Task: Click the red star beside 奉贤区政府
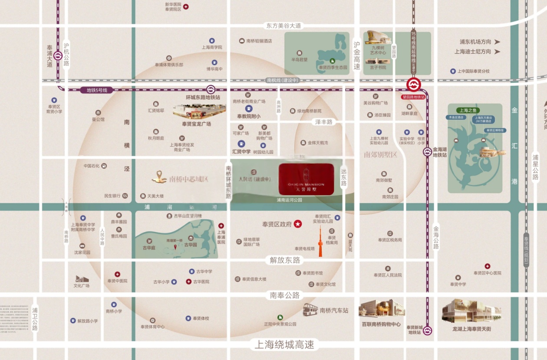click(298, 224)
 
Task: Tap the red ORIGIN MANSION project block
click(306, 179)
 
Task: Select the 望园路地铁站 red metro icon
click(413, 85)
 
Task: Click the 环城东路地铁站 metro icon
click(211, 89)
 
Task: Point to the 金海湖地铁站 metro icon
click(428, 152)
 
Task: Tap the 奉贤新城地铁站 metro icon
click(428, 331)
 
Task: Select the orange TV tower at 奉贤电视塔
click(320, 243)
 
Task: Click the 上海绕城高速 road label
click(284, 345)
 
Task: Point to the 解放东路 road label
click(285, 260)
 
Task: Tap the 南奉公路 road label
click(285, 295)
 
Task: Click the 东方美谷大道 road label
click(284, 26)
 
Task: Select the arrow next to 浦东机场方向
click(497, 42)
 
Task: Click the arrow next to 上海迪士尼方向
click(497, 52)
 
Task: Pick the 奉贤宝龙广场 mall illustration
click(199, 111)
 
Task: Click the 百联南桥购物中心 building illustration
click(382, 309)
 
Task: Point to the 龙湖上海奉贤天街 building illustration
click(471, 311)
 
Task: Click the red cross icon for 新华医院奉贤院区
click(186, 7)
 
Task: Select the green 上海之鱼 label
click(465, 110)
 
